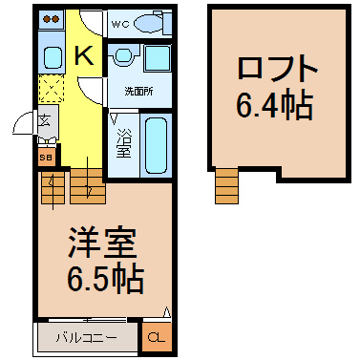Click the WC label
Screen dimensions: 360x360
point(120,24)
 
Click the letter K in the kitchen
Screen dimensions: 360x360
point(84,55)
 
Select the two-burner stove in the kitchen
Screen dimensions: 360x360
point(52,19)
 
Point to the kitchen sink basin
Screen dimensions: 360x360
point(53,57)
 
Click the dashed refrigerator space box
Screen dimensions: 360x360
point(52,88)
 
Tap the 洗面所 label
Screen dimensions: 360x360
point(138,92)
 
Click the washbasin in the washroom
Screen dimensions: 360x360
point(123,55)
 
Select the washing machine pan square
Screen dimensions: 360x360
point(158,57)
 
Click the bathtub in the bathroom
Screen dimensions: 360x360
point(156,146)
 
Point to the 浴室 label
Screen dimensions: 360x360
point(123,142)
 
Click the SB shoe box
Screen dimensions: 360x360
point(47,157)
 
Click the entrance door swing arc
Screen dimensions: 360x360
point(20,118)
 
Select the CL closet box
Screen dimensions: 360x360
point(157,337)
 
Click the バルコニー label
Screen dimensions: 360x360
point(86,338)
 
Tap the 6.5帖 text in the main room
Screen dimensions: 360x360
point(105,278)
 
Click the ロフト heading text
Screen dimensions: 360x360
point(277,69)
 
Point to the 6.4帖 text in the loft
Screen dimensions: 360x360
point(274,104)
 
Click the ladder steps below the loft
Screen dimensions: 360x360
point(226,186)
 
